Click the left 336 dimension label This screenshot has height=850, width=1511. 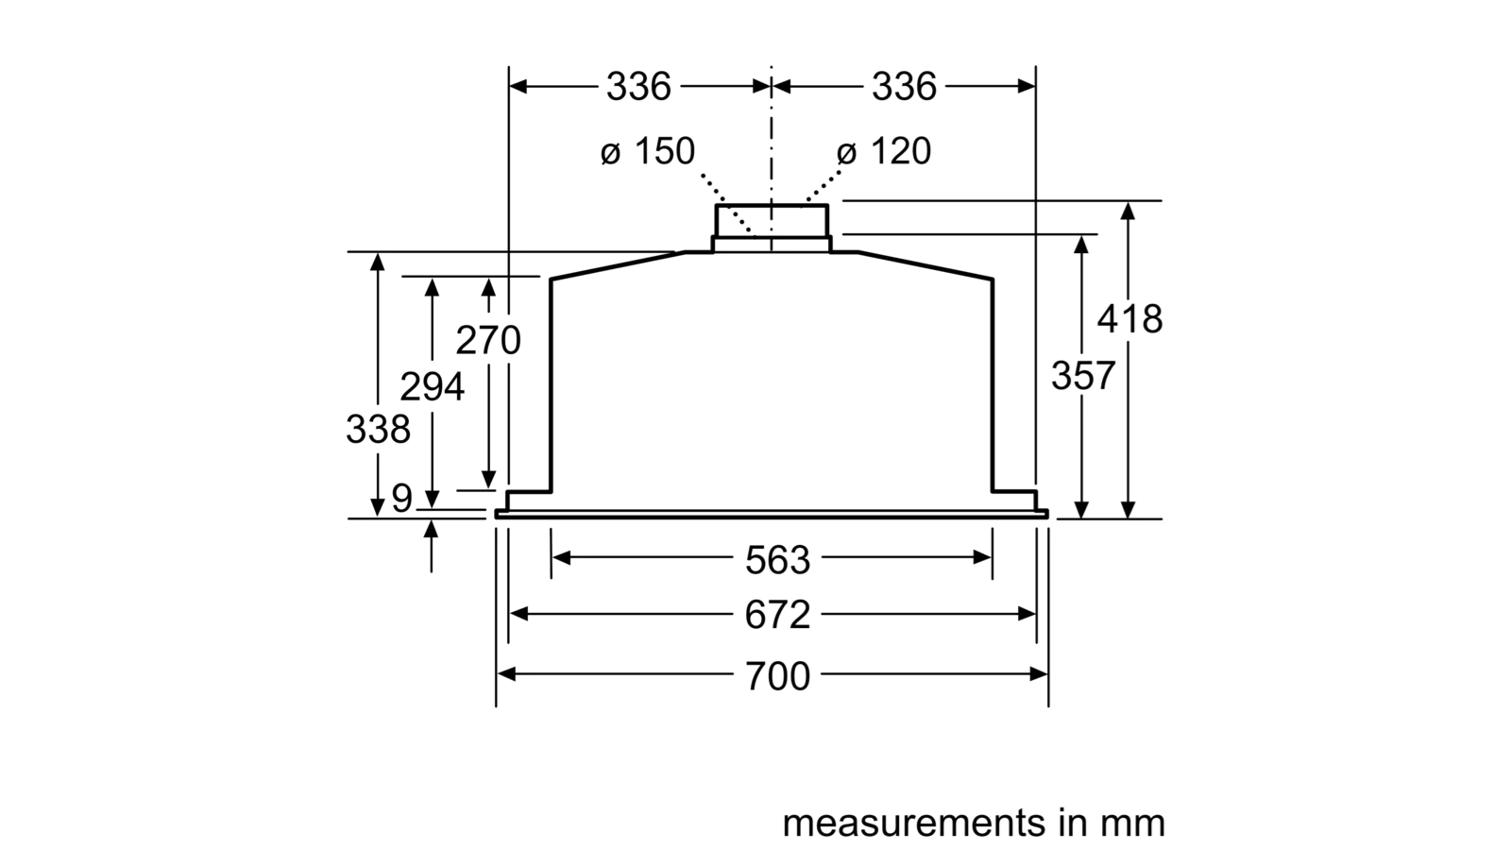[638, 86]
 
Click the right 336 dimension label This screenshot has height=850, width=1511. [904, 86]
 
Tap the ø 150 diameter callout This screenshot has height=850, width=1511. [648, 150]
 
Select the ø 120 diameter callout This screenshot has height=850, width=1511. [884, 150]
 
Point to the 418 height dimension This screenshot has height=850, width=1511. [1129, 318]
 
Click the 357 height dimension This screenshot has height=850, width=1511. [1083, 376]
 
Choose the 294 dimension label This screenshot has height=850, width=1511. [433, 386]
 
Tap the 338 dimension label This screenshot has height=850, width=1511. [378, 429]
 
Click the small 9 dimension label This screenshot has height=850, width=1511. [401, 499]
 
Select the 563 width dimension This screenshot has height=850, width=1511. [777, 560]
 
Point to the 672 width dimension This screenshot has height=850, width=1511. [777, 615]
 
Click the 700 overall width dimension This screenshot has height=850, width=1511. [777, 676]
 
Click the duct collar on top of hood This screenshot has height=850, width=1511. [772, 228]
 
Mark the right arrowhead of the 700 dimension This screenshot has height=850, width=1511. [1039, 674]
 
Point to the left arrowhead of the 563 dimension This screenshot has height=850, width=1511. [561, 557]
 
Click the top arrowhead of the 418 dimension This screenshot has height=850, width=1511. [1128, 211]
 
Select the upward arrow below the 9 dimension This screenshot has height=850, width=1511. [431, 546]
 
